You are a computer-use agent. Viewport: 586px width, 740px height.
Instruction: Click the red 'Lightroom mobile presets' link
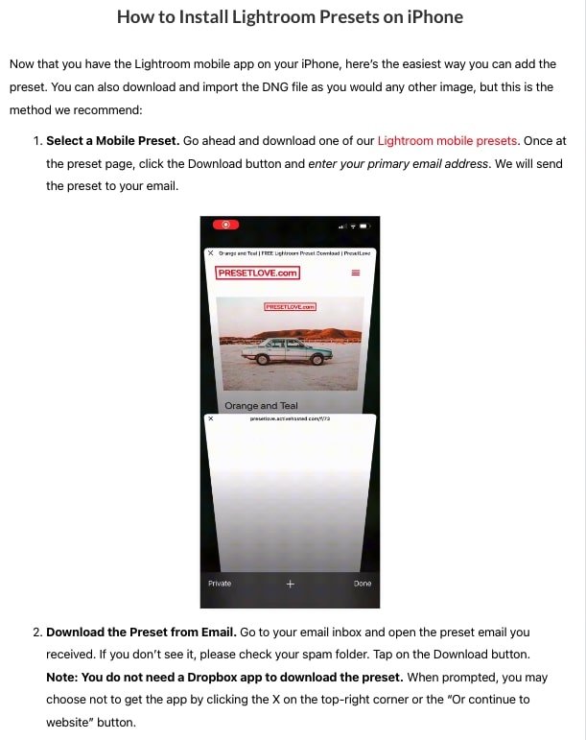(x=448, y=140)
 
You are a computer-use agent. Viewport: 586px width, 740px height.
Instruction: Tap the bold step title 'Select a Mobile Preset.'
(x=112, y=140)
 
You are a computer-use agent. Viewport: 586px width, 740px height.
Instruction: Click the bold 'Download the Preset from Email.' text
(x=140, y=633)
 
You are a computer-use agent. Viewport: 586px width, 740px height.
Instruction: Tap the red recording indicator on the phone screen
(x=225, y=225)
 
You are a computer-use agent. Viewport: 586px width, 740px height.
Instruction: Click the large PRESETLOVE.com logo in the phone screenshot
(x=258, y=273)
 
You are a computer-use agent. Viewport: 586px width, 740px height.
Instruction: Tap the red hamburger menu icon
(x=356, y=273)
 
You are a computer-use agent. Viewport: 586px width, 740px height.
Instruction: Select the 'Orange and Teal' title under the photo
(x=261, y=406)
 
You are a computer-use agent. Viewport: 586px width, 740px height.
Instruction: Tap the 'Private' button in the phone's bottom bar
(x=220, y=584)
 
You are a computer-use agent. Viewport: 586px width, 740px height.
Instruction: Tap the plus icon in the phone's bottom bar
(x=290, y=584)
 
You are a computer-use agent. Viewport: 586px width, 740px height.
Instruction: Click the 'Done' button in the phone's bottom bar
(x=362, y=584)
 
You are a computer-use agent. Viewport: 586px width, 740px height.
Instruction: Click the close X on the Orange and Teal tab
(x=211, y=253)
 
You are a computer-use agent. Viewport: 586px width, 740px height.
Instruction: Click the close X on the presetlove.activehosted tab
(x=211, y=419)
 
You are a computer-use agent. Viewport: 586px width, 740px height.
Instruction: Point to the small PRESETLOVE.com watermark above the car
(x=290, y=307)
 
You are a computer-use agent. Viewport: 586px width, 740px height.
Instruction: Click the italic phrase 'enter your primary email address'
(x=398, y=163)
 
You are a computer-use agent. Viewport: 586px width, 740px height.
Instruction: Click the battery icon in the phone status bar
(x=363, y=226)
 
